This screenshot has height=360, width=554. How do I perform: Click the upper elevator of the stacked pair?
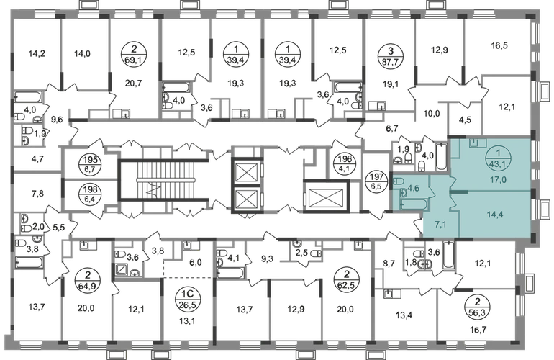(247, 171)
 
